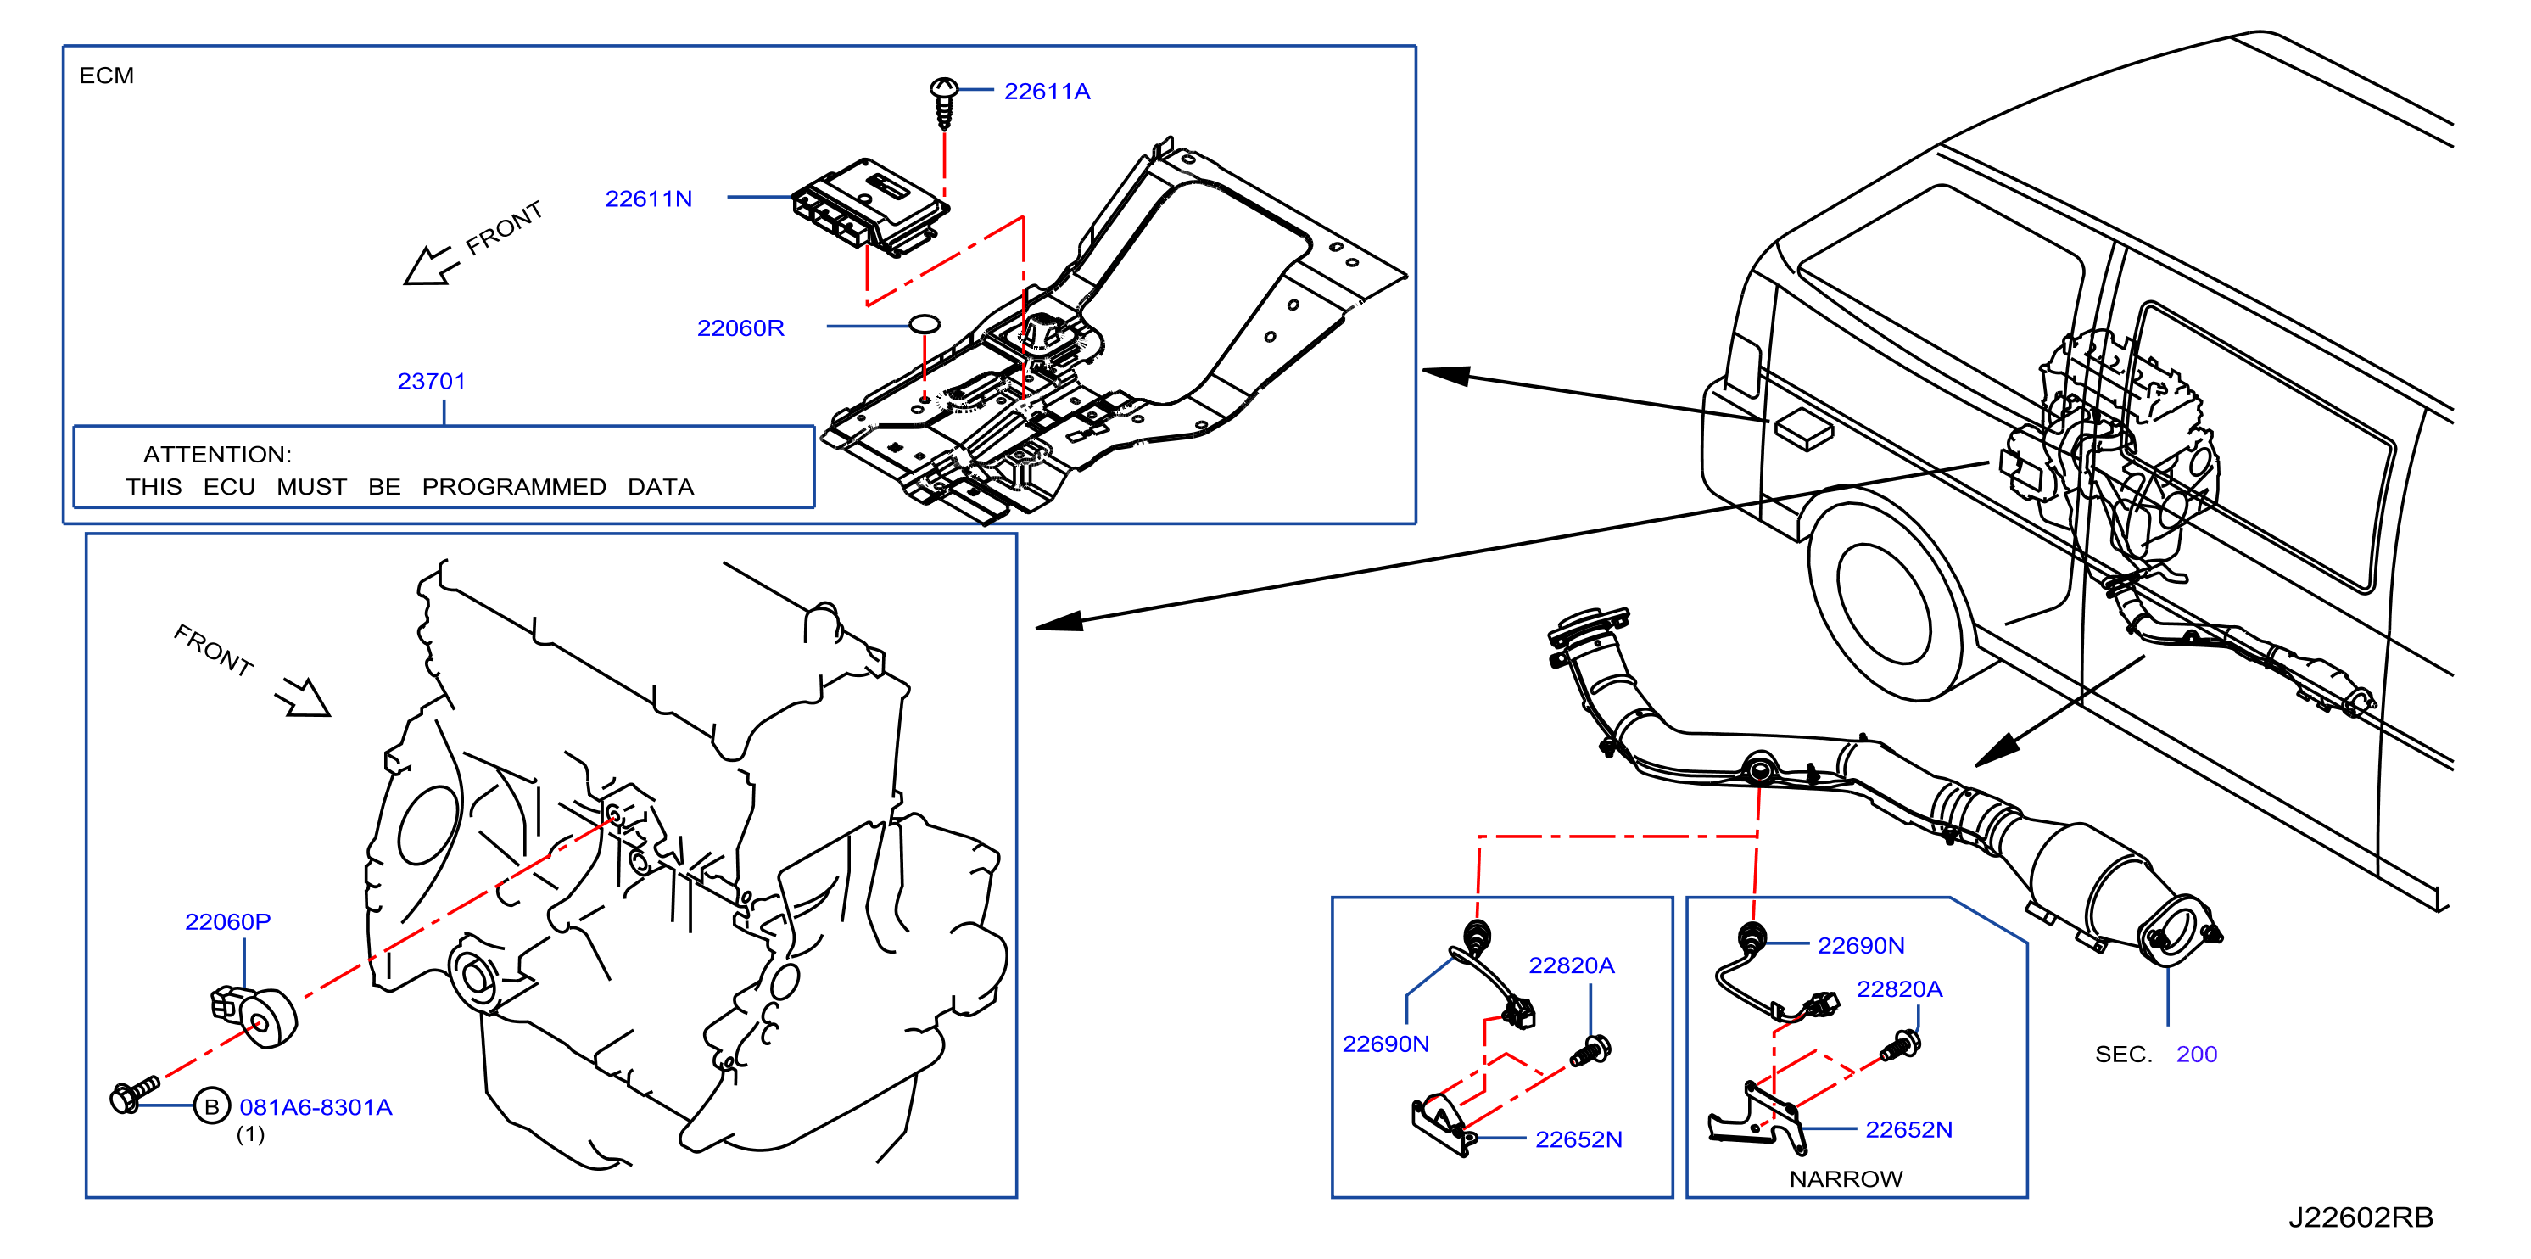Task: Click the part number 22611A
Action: pos(1047,92)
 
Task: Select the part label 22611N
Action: pos(649,199)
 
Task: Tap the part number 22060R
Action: pos(740,328)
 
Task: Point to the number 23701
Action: pos(432,381)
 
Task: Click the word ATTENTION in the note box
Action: pos(217,454)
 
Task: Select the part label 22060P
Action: pos(228,922)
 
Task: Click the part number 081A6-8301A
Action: pos(316,1108)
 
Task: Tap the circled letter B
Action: pos(211,1106)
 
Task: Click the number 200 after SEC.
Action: pos(2196,1055)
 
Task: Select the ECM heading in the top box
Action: pos(106,76)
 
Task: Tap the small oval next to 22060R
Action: pos(925,323)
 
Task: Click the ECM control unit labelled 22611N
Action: pos(870,207)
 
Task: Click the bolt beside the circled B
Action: pos(135,1094)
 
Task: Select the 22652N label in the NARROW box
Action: pos(1908,1130)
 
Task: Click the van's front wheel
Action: pos(1885,600)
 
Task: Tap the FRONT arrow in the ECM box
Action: pos(429,266)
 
